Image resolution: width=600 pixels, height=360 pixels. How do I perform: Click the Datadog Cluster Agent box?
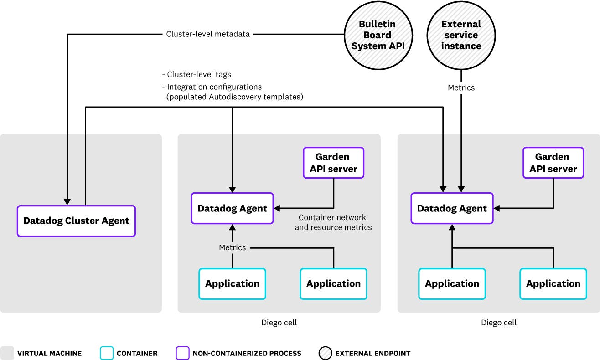pos(76,221)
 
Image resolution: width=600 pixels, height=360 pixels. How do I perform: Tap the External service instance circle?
pos(461,35)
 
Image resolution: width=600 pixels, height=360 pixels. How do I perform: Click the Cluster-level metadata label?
pos(207,34)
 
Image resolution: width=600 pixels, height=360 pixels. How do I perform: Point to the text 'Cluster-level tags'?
pos(199,74)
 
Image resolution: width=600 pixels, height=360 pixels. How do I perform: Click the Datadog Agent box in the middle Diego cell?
pos(232,208)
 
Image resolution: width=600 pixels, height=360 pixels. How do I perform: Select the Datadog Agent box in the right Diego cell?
pos(452,208)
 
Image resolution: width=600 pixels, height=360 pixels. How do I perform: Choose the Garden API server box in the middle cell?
pos(333,163)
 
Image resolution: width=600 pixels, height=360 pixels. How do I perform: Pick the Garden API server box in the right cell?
pos(553,163)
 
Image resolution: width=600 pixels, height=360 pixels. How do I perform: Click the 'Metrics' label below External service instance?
pos(461,87)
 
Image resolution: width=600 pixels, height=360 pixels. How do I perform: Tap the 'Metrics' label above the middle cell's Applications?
pos(232,247)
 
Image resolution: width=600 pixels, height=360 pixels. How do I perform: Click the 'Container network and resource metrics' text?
pos(333,222)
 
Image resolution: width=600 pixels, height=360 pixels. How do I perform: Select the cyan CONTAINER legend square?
pos(106,353)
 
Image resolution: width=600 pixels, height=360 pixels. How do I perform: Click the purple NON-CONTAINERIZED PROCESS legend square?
pos(182,353)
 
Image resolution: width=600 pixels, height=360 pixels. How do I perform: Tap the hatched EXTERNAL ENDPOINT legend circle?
pos(325,353)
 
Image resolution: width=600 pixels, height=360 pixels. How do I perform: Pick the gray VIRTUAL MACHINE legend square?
pos(7,353)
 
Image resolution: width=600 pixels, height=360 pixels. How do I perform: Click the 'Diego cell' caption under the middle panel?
pos(279,323)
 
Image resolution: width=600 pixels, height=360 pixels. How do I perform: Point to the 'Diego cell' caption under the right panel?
pos(499,323)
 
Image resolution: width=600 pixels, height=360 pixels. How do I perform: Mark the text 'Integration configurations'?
pos(214,87)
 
